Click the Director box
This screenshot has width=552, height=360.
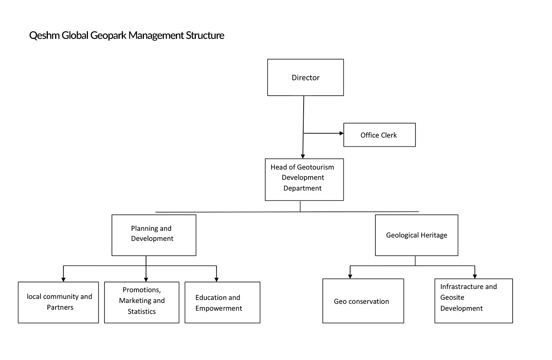(305, 77)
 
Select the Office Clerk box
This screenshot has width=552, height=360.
(379, 135)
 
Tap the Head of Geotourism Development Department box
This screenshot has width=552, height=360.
(304, 179)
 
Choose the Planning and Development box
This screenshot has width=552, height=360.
(154, 235)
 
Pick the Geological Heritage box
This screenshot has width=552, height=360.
(417, 235)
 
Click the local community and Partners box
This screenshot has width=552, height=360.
(59, 302)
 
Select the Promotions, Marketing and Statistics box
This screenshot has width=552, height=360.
(142, 302)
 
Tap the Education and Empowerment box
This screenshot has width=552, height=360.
(222, 302)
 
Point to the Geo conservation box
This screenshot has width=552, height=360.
(363, 301)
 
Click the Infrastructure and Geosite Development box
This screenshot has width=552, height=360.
(474, 301)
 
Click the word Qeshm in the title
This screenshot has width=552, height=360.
(45, 35)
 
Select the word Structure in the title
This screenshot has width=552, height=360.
(205, 35)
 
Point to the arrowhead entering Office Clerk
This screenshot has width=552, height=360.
(342, 133)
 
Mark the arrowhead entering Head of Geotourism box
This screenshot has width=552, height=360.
(303, 157)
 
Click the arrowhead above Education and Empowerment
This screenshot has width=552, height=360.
(216, 280)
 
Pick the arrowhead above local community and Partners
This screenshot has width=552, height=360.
(63, 280)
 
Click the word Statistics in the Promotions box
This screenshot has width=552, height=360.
(142, 311)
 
